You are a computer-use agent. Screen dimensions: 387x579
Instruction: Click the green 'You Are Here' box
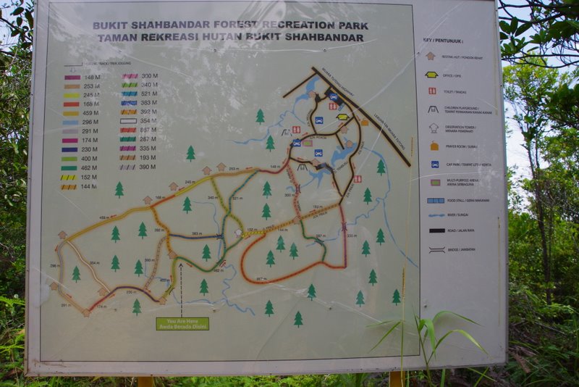[x=182, y=323]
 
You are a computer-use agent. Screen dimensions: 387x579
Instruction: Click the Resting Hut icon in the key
[x=430, y=55]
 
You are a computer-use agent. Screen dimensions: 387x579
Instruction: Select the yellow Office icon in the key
[x=431, y=75]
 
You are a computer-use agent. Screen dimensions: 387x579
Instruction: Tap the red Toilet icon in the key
[x=432, y=91]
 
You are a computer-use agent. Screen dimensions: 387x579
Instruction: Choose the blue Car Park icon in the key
[x=434, y=164]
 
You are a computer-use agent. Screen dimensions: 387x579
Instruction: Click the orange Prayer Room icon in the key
[x=434, y=146]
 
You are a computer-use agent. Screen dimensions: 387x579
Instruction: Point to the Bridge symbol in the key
[x=436, y=249]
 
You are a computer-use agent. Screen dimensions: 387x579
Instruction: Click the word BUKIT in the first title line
[x=111, y=25]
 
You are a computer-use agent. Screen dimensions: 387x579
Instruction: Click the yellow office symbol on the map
[x=342, y=117]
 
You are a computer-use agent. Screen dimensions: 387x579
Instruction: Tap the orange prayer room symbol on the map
[x=365, y=122]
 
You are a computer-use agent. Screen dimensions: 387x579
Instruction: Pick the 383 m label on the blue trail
[x=196, y=234]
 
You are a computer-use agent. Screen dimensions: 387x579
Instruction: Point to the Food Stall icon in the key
[x=436, y=200]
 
